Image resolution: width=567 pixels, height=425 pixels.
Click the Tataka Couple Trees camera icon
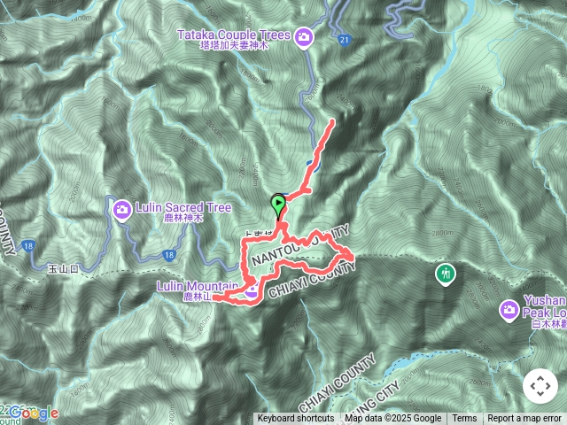tap(304, 36)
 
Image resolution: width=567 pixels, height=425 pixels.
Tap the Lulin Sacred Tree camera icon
tap(122, 208)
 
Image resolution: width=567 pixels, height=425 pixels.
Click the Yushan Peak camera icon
tap(509, 309)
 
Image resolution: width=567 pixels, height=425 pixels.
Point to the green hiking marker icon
tap(444, 273)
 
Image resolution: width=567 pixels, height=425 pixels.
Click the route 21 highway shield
tap(344, 39)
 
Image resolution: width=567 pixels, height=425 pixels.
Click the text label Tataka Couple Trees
tap(234, 35)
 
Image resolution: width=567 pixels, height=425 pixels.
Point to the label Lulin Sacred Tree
tap(183, 207)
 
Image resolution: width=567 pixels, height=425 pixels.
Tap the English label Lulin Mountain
tap(196, 286)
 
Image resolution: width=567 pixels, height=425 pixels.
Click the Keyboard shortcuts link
tap(296, 419)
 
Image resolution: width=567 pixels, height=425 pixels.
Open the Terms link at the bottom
tap(464, 419)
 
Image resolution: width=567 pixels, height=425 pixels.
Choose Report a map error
tap(524, 419)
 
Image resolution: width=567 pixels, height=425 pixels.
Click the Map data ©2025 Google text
tap(393, 419)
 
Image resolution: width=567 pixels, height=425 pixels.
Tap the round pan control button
tap(540, 386)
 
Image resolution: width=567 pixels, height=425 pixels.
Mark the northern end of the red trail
tap(333, 120)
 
